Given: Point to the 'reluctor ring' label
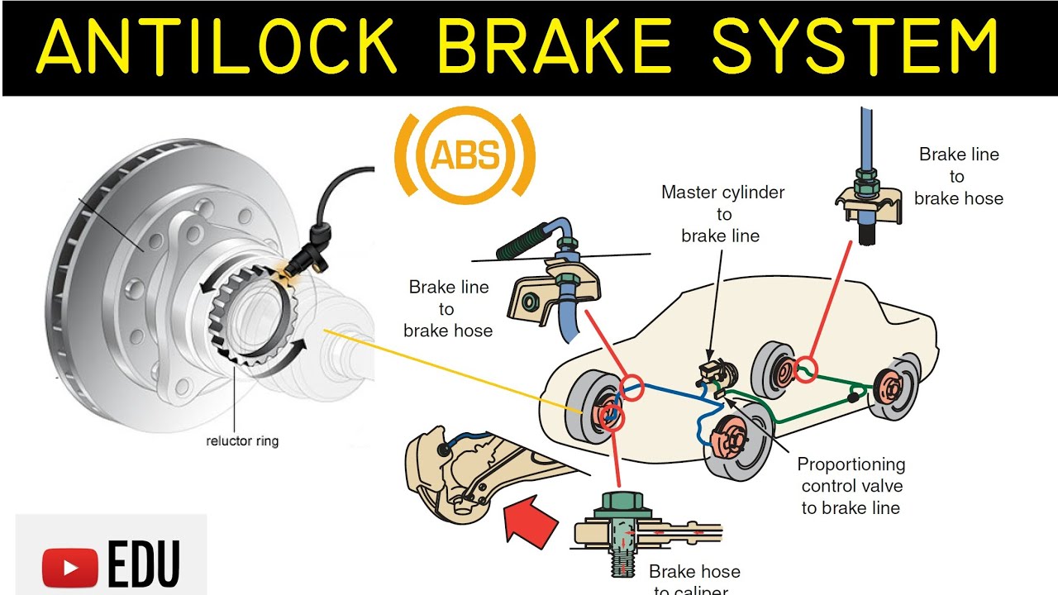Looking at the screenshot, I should point(242,441).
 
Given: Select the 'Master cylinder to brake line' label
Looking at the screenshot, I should point(722,214).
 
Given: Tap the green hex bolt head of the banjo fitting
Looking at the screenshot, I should point(624,502).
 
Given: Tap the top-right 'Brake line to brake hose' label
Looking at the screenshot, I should point(958,176).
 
